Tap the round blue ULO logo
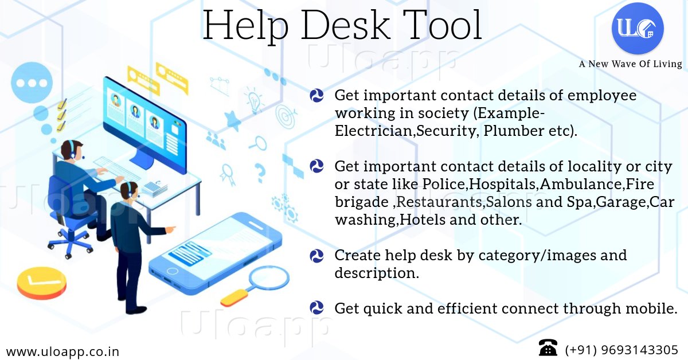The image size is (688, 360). (638, 28)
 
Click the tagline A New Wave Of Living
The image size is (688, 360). (630, 64)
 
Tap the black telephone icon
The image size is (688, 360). (548, 348)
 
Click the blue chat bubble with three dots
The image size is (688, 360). (32, 83)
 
